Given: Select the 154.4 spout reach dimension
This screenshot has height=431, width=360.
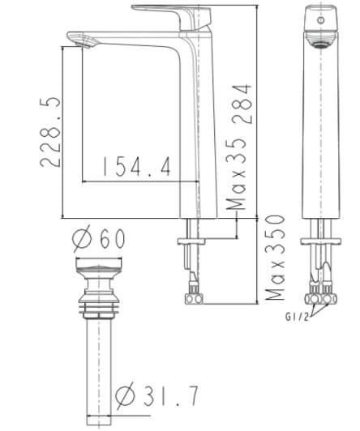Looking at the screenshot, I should click(136, 167).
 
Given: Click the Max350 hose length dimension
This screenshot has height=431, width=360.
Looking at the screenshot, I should click(276, 258).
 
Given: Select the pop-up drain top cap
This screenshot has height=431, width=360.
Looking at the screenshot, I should click(100, 267).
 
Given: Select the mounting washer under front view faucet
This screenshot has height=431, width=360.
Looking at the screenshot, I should click(319, 241).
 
